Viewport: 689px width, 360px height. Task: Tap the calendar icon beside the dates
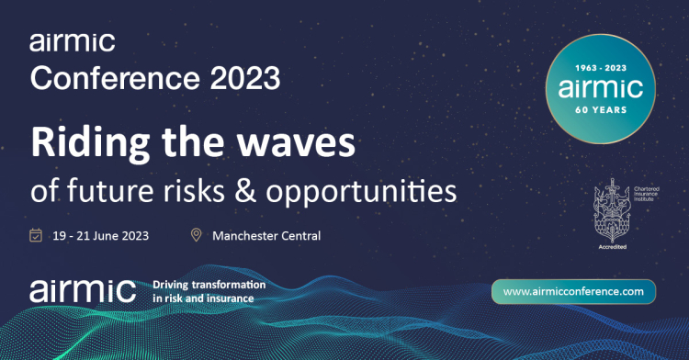[36, 236]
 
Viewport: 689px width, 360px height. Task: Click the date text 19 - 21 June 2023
[101, 236]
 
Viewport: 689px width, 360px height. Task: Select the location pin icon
[196, 236]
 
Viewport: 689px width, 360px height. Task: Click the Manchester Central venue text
[266, 236]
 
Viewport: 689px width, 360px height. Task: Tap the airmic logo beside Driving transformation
[82, 289]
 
